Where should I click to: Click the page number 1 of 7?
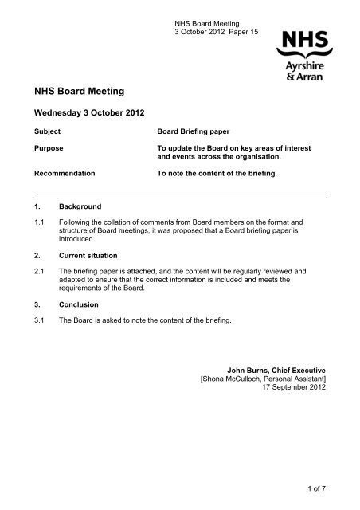coord(314,485)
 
